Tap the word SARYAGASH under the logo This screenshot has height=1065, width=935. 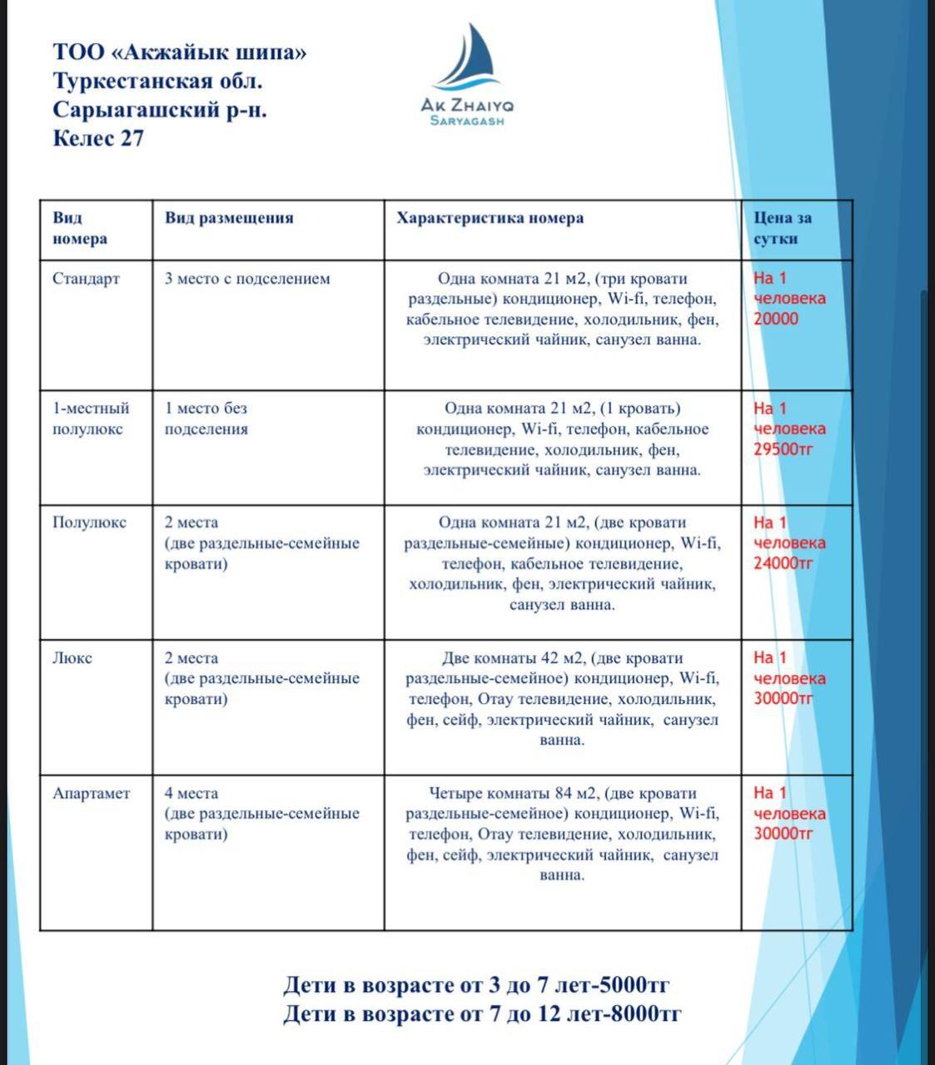coord(467,121)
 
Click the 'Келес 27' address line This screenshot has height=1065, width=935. coord(98,138)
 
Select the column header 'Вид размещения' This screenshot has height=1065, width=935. coord(229,218)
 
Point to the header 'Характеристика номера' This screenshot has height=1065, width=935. coord(490,218)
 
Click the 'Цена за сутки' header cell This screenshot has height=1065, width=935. coord(782,228)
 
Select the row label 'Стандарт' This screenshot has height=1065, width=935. coord(86,279)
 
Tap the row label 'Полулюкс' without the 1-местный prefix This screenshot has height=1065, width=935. coord(89,523)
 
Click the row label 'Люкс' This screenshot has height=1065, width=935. coord(72,658)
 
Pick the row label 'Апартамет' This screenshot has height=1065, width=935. coord(92,793)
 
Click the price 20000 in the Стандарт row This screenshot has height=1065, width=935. coord(775,319)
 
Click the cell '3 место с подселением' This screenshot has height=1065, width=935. coord(247,279)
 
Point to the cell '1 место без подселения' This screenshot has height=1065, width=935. coord(206,419)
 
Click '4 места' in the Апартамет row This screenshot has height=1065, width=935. coord(191,793)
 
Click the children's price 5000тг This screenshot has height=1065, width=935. coord(636,986)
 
